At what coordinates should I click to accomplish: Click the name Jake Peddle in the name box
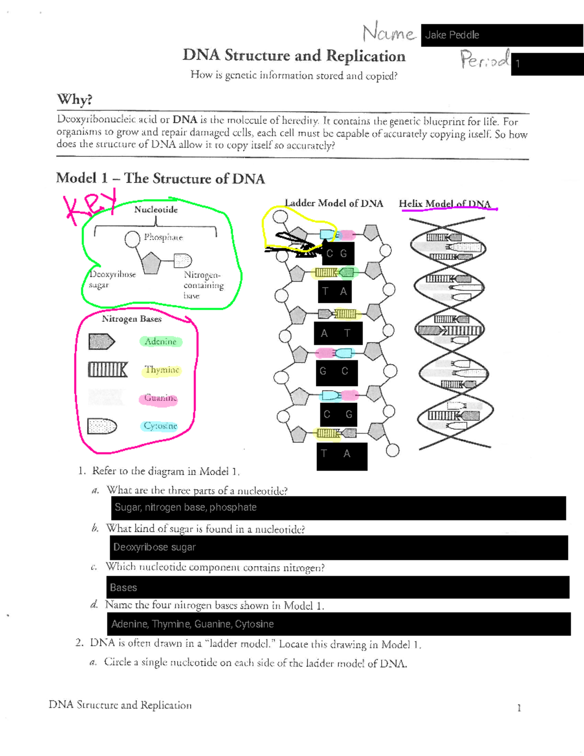[452, 35]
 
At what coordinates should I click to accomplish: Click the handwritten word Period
[485, 60]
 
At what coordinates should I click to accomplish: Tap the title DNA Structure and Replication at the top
[294, 56]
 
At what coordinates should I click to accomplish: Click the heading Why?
[74, 99]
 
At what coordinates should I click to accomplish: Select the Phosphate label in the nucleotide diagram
[163, 237]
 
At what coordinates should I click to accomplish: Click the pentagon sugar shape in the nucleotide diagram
[151, 263]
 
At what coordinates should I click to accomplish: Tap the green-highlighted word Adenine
[160, 342]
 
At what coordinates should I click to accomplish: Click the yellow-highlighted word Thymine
[162, 370]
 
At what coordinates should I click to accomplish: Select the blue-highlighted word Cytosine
[160, 426]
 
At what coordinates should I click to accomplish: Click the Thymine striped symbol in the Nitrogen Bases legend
[107, 370]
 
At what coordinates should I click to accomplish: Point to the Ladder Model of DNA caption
[334, 203]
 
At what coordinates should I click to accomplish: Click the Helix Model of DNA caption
[445, 204]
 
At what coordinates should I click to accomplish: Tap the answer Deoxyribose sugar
[154, 547]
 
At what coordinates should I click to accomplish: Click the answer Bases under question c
[123, 588]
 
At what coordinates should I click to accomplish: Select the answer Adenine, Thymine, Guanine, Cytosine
[192, 624]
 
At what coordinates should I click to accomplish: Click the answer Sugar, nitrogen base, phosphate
[185, 507]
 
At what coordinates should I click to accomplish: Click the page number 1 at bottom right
[519, 708]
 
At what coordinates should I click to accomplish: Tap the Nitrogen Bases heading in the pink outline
[131, 319]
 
